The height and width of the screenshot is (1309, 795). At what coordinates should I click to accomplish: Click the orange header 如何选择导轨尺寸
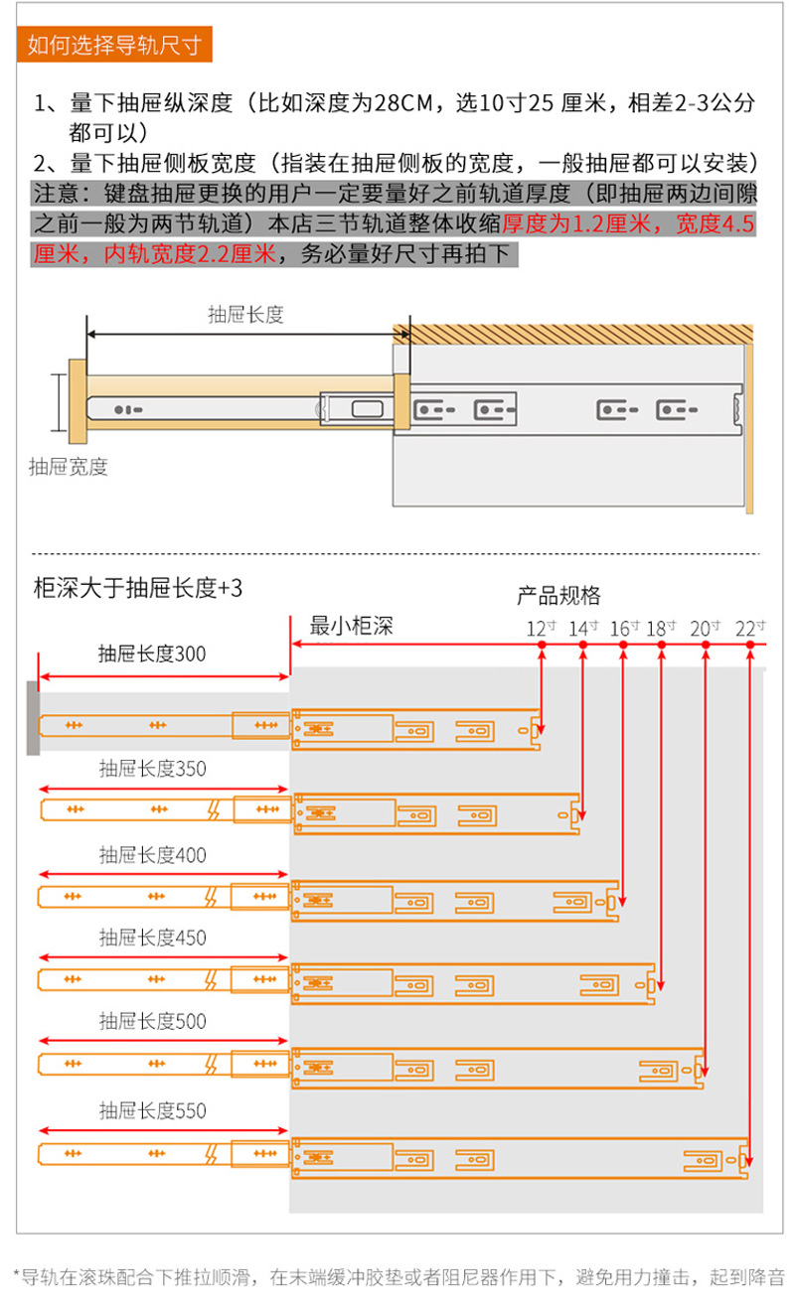pos(114,45)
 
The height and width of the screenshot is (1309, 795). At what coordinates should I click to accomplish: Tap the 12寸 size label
pos(541,629)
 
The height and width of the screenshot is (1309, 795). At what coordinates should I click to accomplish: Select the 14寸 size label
pos(583,629)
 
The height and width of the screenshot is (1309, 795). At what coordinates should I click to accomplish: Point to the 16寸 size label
pos(624,629)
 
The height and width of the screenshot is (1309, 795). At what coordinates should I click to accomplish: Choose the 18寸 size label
pos(661,629)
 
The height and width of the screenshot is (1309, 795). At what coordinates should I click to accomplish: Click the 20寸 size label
pos(705,629)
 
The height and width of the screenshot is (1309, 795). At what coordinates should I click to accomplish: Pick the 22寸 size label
pos(750,629)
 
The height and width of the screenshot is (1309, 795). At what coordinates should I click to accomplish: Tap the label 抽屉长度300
pos(152,654)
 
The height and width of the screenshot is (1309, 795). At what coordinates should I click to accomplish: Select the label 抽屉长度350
pos(153,769)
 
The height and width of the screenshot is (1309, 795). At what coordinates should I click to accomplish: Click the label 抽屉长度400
pos(153,855)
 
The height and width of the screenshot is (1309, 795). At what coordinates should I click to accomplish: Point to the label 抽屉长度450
pos(153,938)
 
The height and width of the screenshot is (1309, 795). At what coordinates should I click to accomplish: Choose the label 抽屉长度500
pos(153,1021)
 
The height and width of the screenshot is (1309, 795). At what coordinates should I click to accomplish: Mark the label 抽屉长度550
pos(153,1110)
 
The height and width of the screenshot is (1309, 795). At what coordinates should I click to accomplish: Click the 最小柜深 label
pos(352,626)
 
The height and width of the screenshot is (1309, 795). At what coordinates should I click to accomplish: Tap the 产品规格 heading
pos(558,596)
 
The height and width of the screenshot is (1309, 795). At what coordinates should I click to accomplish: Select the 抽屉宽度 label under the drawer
pos(69,467)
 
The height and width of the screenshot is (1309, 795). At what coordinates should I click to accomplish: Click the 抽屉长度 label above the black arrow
pos(245,315)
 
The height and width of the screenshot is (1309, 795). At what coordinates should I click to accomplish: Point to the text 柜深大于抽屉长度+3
pos(138,588)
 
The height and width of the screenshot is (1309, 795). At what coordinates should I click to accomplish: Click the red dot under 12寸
pos(542,645)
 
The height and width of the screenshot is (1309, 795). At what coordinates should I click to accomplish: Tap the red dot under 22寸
pos(750,645)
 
